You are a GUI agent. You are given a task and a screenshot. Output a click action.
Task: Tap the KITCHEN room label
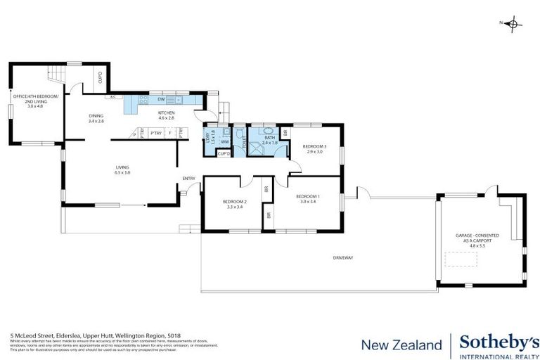(167, 114)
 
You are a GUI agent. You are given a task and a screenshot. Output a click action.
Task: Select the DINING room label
(96, 118)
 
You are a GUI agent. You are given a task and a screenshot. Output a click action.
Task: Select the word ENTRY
(188, 178)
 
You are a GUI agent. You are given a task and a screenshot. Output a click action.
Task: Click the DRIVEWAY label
(343, 258)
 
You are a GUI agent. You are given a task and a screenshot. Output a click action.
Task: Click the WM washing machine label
(225, 141)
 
